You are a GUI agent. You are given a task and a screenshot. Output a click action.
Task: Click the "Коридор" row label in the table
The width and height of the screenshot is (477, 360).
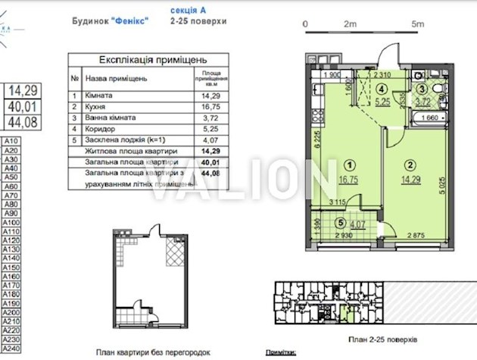click(x=102, y=129)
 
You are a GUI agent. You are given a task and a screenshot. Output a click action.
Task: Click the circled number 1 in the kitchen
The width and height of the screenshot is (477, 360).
click(x=348, y=164)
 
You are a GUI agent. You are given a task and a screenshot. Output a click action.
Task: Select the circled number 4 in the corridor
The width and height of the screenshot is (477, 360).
click(x=382, y=88)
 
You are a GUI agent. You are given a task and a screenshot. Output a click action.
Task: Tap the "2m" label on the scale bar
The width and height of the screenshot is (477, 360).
click(x=349, y=23)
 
